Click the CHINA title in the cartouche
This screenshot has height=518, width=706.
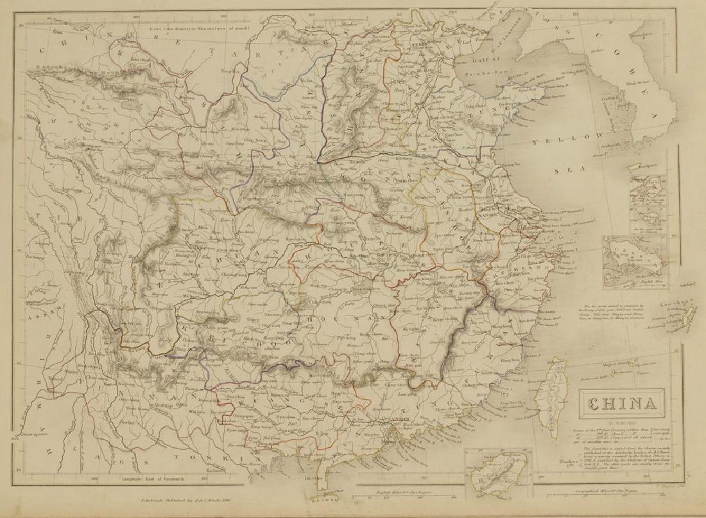point(621,404)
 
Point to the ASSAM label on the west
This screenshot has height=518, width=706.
point(24,303)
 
